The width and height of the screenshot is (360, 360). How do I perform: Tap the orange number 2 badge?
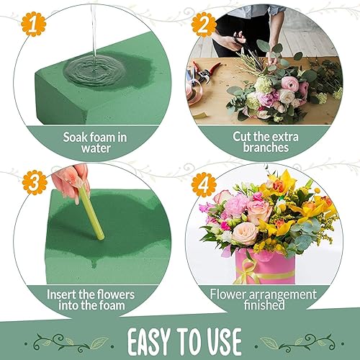coord(204,25)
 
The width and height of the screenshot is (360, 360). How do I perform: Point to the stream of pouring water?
coord(94,29)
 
